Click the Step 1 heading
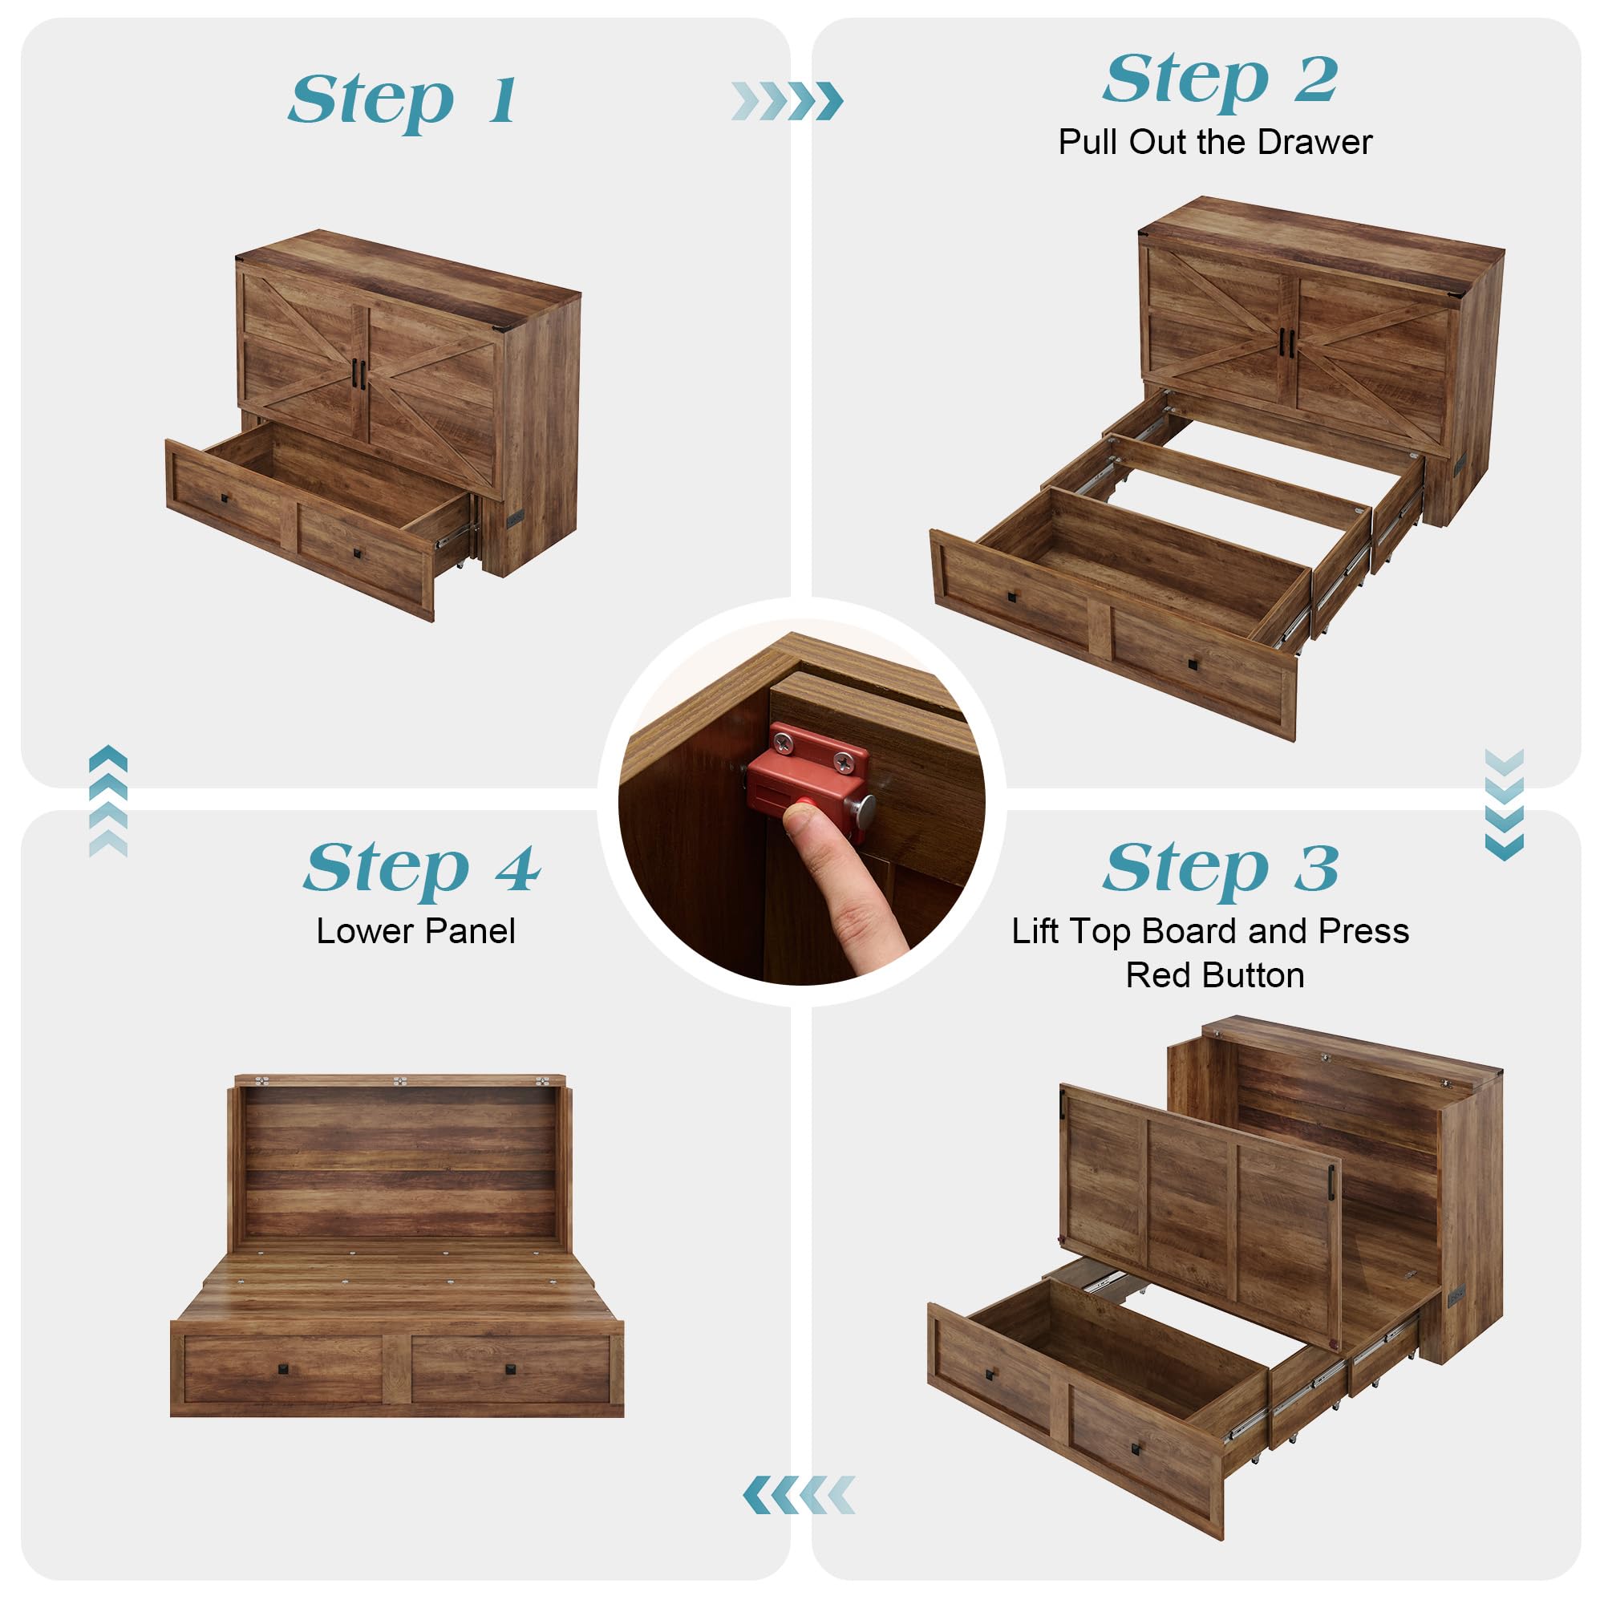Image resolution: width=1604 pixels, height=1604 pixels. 403,101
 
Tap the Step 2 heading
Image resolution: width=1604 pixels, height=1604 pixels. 1221,80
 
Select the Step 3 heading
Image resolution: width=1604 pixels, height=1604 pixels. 1221,869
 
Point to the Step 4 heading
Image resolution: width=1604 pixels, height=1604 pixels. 422,869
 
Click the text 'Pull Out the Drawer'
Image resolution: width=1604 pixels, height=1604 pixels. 1214,142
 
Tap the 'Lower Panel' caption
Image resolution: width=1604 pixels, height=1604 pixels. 416,930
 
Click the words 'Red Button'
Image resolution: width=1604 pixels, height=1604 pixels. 1214,974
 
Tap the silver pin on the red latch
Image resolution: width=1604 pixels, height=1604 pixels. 864,808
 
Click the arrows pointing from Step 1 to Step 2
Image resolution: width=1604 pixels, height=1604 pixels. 787,101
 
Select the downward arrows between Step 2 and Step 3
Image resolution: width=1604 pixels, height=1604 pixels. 1504,804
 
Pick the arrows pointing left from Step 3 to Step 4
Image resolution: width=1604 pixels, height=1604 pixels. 799,1495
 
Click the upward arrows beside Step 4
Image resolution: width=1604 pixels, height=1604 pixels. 108,801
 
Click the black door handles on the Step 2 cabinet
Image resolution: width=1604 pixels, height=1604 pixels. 1287,344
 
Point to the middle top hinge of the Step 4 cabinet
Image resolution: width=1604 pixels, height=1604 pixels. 399,1081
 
